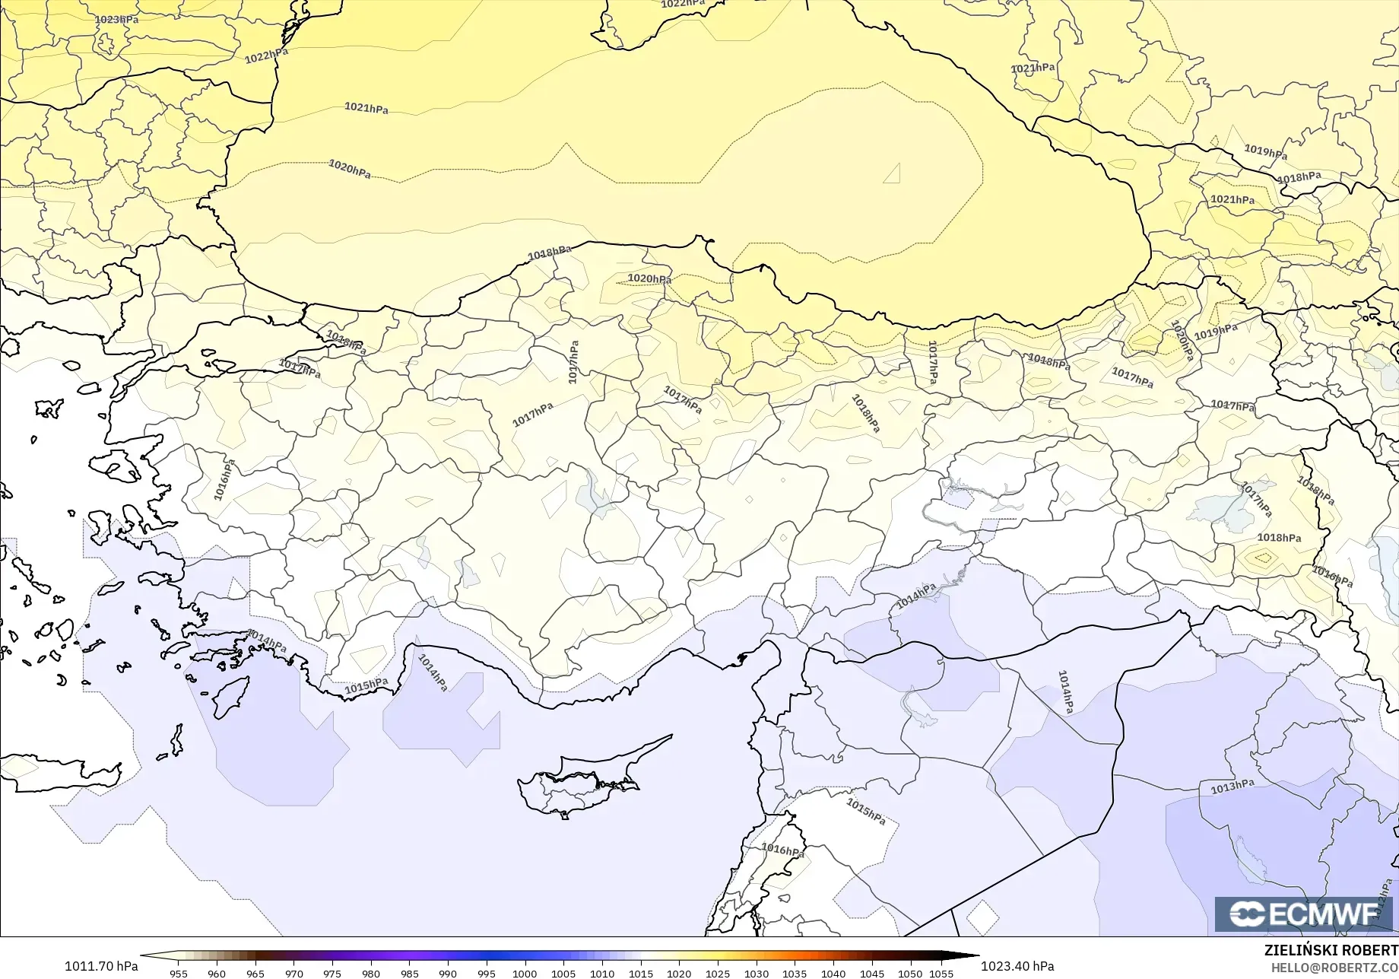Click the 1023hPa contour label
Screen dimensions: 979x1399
pos(116,19)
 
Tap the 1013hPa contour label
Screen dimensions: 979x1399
pos(1232,787)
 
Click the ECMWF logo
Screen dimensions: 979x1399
pos(1302,914)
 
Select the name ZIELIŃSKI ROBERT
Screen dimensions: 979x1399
pos(1331,950)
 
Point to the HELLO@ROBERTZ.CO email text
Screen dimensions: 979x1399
pos(1334,967)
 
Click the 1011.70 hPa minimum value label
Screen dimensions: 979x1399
pos(101,966)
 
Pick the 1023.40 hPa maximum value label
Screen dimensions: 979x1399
pos(1017,966)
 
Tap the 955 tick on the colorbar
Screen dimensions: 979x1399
pos(179,974)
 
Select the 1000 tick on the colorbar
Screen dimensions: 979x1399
pos(525,974)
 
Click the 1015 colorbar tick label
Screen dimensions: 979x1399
pos(640,974)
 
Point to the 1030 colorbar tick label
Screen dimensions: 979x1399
pos(756,974)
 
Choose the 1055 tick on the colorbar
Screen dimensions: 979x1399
pos(941,974)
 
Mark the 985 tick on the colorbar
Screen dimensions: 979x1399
pos(409,974)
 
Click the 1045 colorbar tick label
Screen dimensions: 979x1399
pos(871,974)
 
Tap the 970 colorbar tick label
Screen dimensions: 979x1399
pos(293,974)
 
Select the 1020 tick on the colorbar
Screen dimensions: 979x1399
pos(679,974)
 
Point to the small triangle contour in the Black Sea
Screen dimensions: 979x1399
pos(893,175)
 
